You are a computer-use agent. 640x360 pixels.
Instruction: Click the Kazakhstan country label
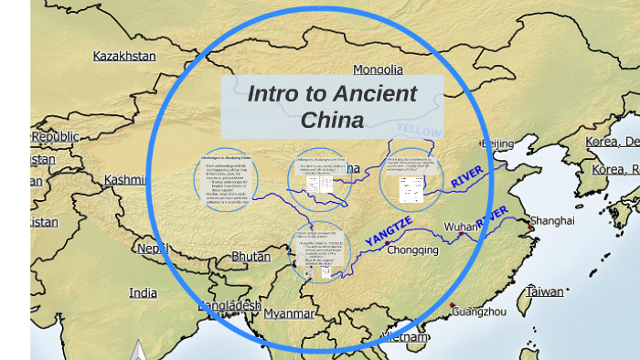124,57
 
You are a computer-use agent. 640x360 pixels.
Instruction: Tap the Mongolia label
378,69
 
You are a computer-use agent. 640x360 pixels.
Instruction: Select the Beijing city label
497,143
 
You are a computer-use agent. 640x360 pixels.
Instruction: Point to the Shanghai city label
552,220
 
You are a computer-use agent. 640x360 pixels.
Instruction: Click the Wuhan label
461,227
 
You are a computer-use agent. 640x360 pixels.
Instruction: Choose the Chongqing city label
414,249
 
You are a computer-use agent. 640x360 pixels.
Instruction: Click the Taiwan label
545,292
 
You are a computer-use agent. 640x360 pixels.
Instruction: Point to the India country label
143,292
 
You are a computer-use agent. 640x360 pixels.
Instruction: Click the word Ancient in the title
373,94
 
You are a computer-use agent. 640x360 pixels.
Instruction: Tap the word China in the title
333,120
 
